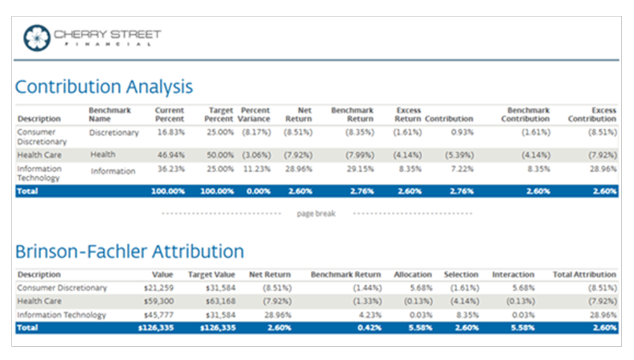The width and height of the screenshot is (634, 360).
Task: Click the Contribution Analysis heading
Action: [x=104, y=87]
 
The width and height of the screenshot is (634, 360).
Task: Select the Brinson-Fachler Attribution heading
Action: [x=129, y=252]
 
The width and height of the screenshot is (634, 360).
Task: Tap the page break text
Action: [x=316, y=214]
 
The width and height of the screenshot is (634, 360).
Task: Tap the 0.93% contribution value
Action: [x=461, y=132]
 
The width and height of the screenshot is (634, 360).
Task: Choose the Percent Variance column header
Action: [x=255, y=115]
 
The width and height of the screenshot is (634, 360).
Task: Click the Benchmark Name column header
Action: [x=110, y=115]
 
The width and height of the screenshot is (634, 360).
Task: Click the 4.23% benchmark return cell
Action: [x=370, y=315]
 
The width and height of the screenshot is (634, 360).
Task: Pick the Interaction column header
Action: [x=513, y=275]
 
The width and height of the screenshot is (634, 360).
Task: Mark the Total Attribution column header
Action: [x=584, y=275]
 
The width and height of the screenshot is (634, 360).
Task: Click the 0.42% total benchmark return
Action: [x=370, y=328]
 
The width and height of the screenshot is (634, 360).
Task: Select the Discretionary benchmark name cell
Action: [x=114, y=132]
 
